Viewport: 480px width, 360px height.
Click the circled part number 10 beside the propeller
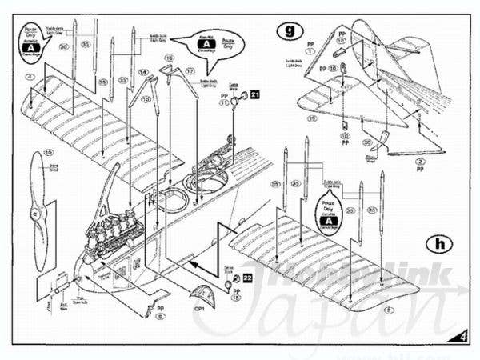[48, 154]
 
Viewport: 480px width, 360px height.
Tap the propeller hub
[33, 214]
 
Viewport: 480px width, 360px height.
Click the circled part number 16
[170, 58]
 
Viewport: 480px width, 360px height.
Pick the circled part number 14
[144, 72]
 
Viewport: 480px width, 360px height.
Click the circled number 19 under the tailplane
[312, 118]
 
